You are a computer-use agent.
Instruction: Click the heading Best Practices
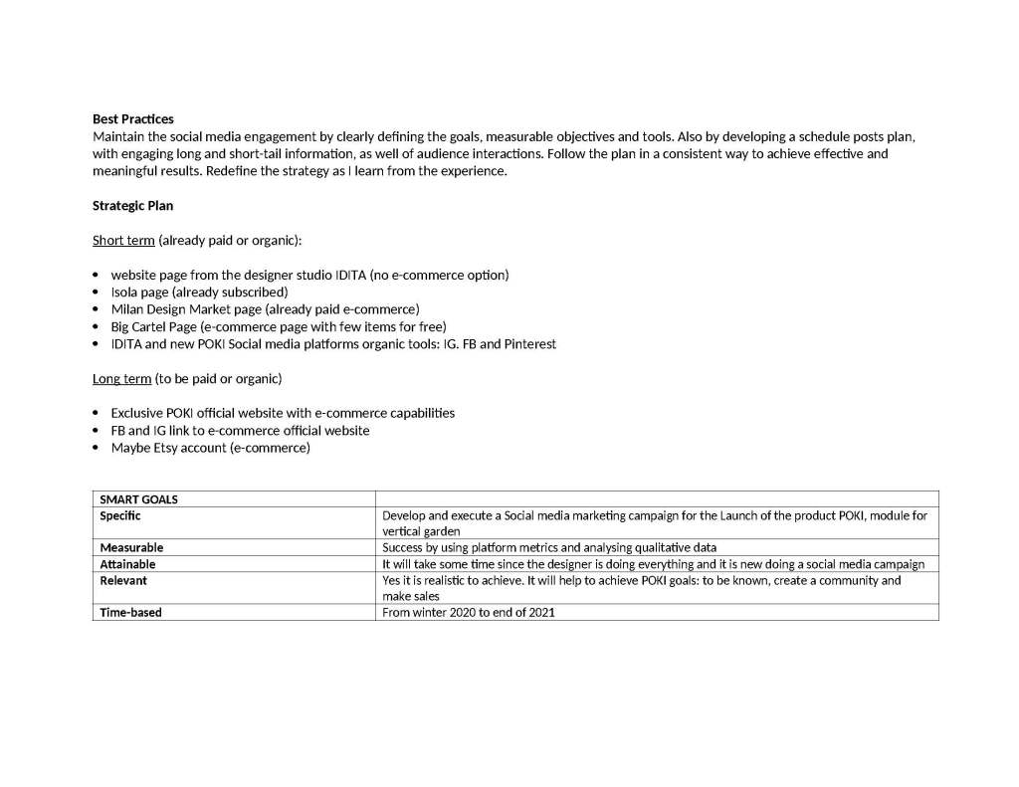132,118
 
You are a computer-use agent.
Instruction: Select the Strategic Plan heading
132,205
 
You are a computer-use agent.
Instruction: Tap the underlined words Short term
123,240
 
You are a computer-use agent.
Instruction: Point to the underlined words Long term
122,378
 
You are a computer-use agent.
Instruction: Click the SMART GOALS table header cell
138,498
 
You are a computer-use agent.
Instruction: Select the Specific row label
120,515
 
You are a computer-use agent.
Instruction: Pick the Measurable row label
131,547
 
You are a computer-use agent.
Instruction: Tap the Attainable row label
127,564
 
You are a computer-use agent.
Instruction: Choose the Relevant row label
123,580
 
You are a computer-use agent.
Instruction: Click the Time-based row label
130,612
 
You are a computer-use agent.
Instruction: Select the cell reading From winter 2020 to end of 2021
469,612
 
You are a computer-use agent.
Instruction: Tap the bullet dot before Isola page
96,293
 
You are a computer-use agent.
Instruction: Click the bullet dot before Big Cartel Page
96,326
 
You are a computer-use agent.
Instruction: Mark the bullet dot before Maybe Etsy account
96,448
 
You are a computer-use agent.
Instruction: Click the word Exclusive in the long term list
138,413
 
